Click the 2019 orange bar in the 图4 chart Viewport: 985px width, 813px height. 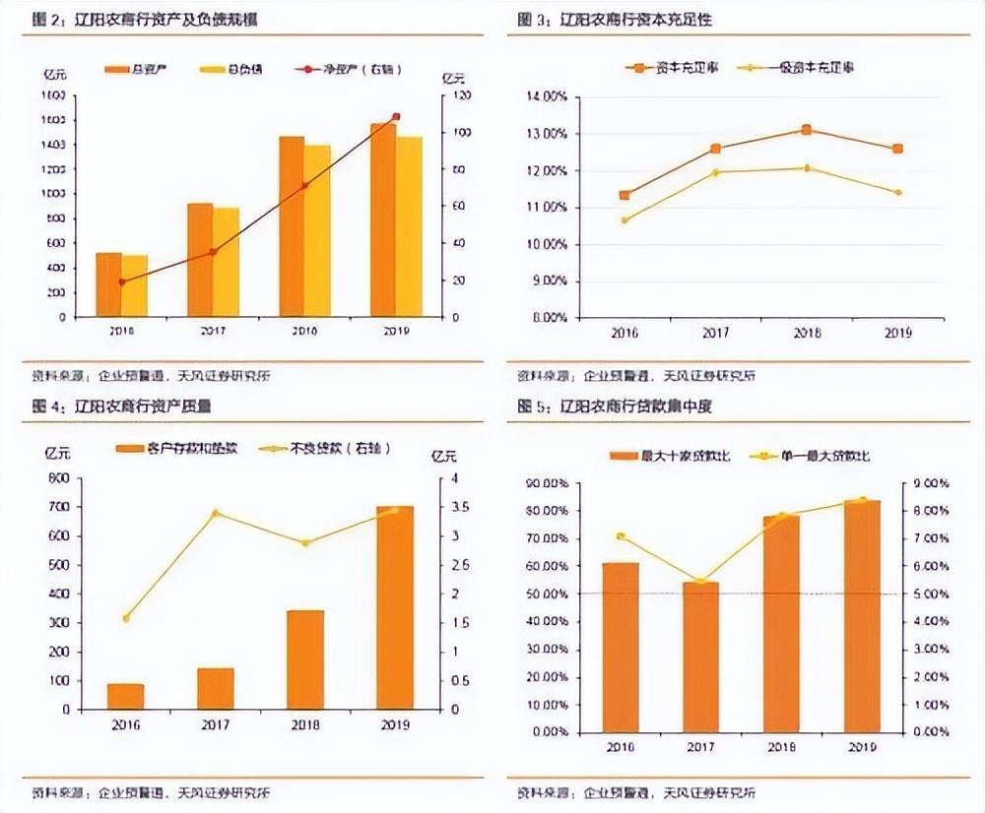(395, 607)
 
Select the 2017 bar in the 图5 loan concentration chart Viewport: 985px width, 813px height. (701, 657)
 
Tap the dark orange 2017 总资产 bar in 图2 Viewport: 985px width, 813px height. (200, 260)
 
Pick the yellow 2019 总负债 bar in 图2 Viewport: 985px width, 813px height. (409, 226)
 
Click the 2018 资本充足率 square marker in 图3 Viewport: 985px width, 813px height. (806, 130)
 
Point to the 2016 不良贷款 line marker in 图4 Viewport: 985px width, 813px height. (125, 618)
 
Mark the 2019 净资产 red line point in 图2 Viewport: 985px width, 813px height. (396, 116)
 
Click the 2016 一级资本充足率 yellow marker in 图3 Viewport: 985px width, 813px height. (624, 219)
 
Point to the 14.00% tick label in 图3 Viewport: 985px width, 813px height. (547, 96)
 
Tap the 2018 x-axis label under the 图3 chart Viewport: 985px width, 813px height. (806, 333)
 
